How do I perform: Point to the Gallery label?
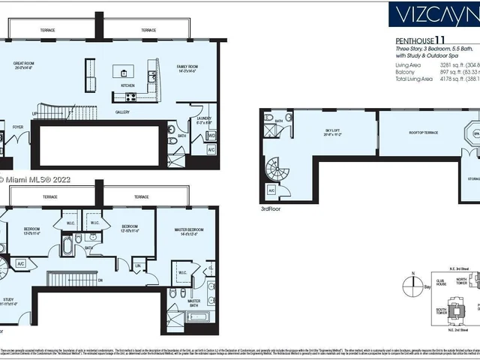click(123, 112)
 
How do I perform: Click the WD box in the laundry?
click(212, 136)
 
